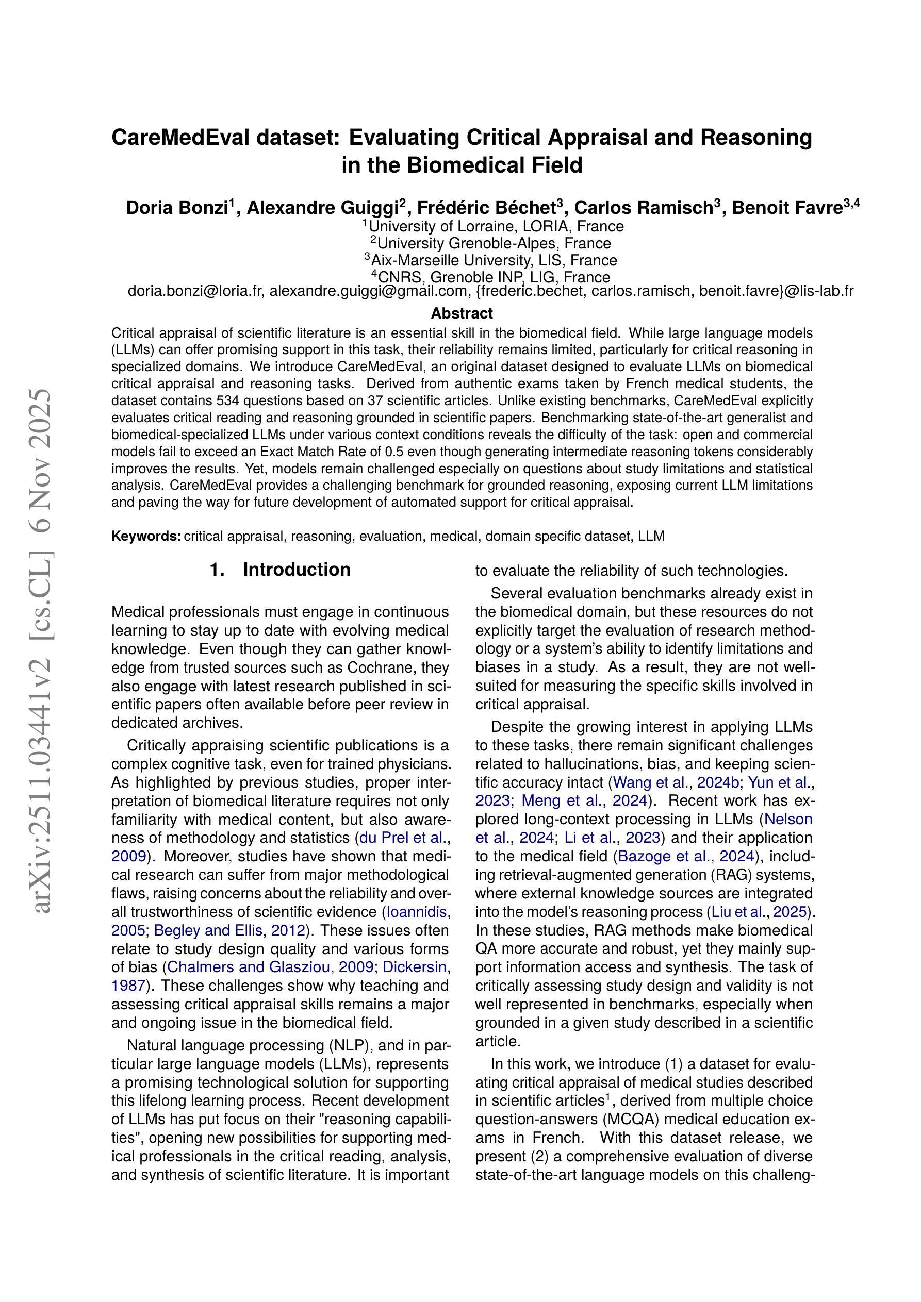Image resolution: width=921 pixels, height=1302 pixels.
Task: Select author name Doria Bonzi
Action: click(176, 208)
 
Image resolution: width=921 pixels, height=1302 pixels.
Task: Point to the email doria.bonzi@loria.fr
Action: click(195, 291)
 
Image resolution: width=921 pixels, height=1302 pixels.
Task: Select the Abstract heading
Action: click(462, 313)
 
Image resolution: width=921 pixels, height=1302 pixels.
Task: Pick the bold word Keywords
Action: click(146, 537)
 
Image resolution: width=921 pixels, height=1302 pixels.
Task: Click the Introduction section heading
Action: click(296, 570)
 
